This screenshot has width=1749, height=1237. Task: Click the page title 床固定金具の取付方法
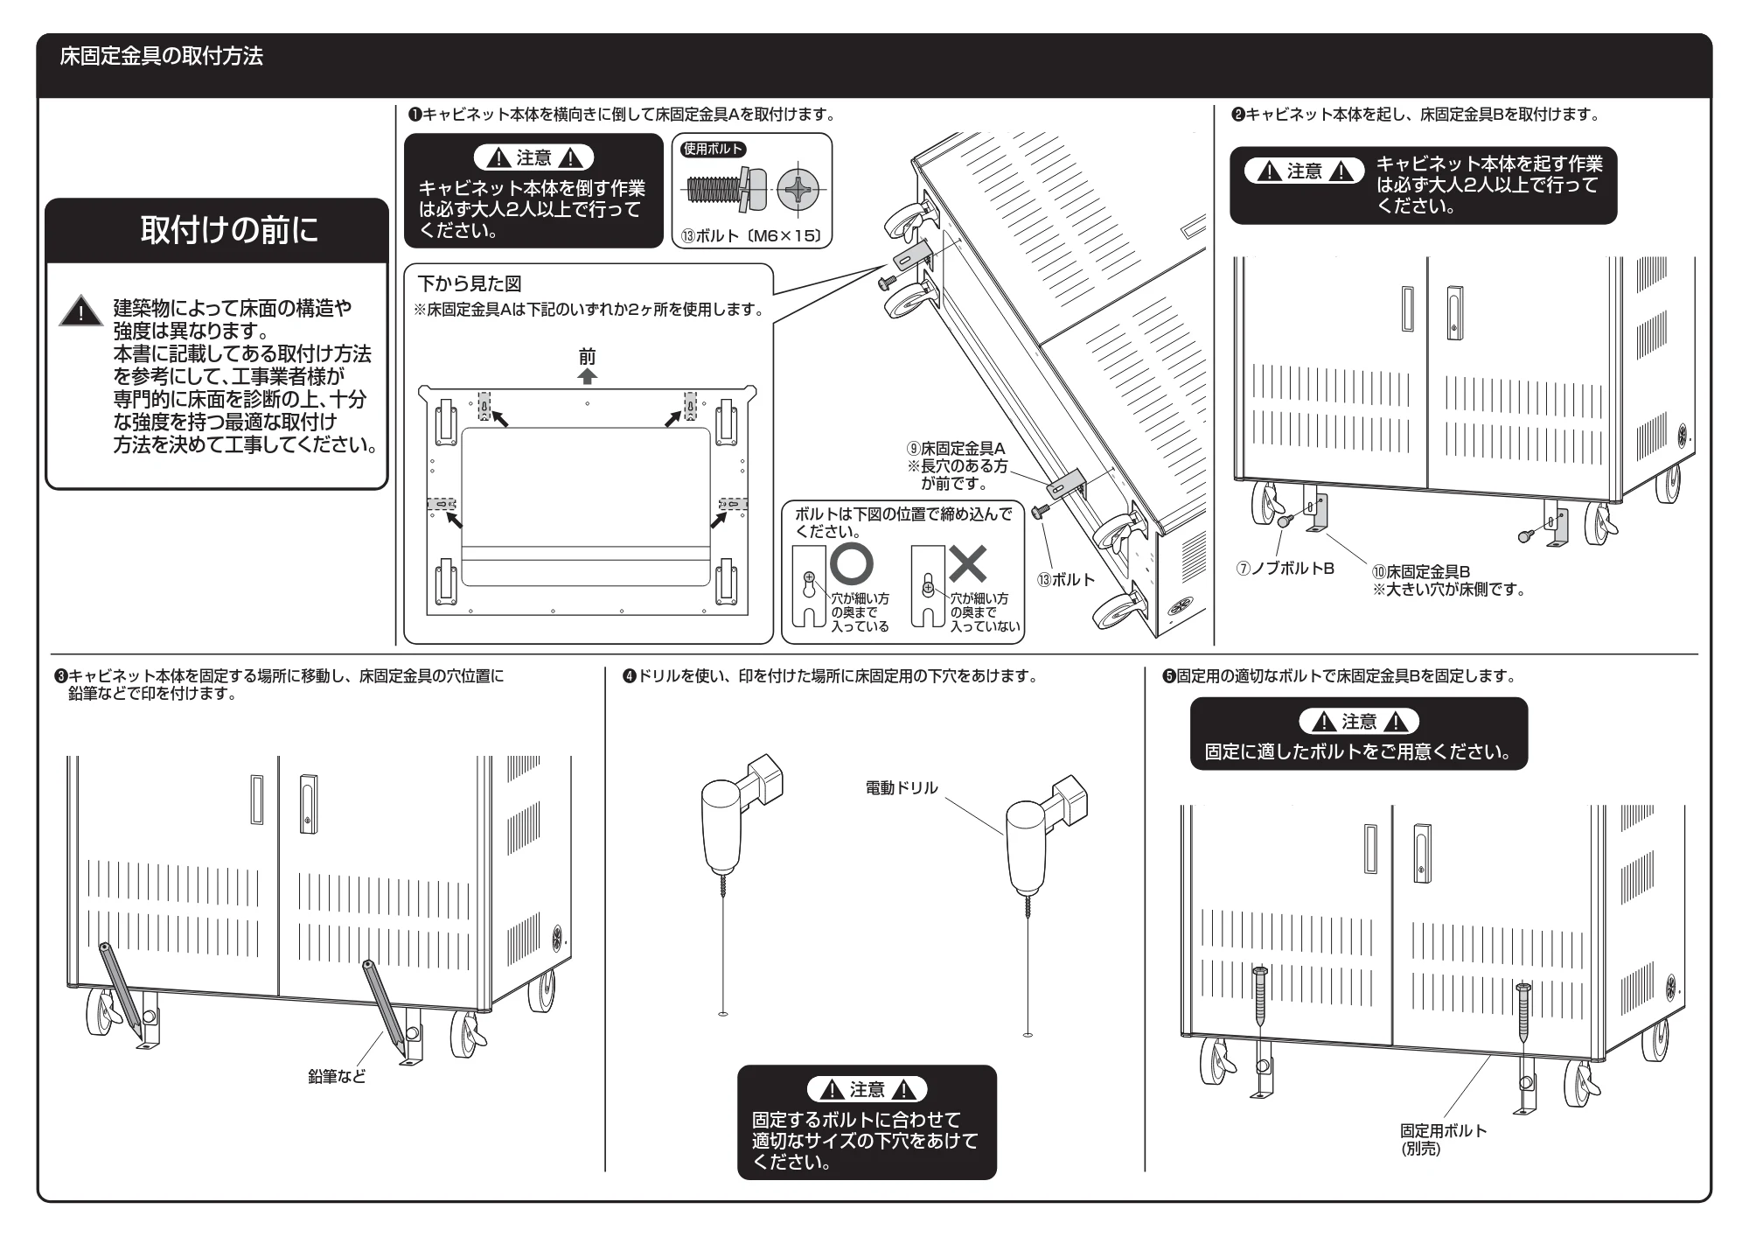[x=161, y=57]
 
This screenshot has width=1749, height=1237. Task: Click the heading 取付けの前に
[x=229, y=230]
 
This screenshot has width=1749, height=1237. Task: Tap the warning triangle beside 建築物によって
[x=81, y=311]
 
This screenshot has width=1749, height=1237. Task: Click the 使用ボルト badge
[x=713, y=149]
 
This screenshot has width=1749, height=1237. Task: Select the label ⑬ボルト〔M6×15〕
[x=751, y=235]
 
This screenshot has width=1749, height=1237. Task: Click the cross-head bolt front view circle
[x=799, y=189]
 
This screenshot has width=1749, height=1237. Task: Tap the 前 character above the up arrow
[x=588, y=356]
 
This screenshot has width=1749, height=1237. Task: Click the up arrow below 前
[x=588, y=375]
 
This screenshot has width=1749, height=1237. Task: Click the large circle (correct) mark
[x=851, y=564]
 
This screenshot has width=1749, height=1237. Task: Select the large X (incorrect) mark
[x=968, y=563]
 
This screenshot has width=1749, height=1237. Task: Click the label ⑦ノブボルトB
[x=1285, y=569]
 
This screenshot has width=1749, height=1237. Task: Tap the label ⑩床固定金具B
[x=1421, y=571]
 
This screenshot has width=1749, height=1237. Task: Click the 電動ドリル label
[x=902, y=788]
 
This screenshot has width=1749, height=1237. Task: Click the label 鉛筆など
[x=337, y=1076]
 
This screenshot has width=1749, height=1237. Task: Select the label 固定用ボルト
[x=1443, y=1130]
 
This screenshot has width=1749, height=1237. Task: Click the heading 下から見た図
[x=469, y=283]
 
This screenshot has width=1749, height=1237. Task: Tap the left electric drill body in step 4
[x=723, y=823]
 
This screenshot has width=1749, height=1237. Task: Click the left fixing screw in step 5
[x=1260, y=996]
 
